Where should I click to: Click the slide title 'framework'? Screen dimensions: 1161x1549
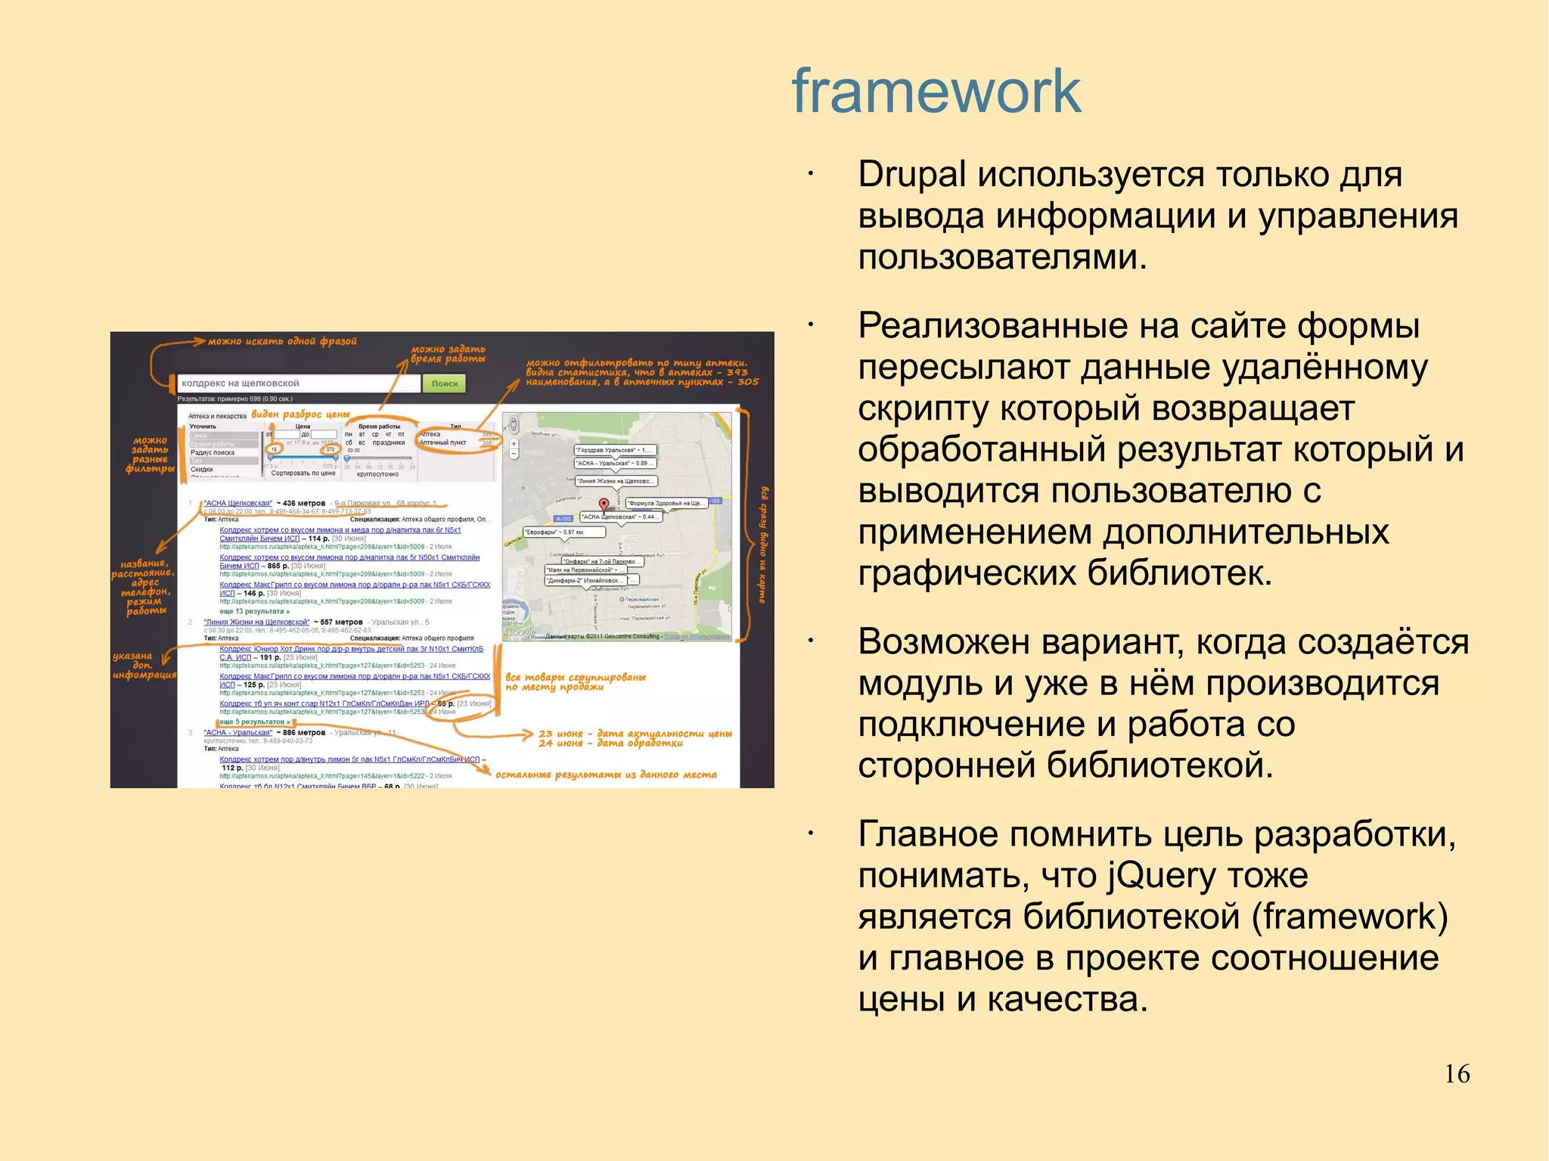[936, 92]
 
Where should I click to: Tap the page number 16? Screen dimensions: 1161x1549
[1457, 1074]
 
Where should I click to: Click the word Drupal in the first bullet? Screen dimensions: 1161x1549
[911, 175]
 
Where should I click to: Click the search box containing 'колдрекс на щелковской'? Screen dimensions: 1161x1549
[298, 383]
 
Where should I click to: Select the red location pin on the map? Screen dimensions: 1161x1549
[604, 504]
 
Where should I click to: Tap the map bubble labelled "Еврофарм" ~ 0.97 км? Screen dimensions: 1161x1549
[564, 532]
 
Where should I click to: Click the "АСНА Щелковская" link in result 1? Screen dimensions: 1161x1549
[237, 503]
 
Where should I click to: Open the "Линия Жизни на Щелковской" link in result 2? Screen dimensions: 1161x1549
[256, 622]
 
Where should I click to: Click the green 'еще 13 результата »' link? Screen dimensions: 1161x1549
[254, 611]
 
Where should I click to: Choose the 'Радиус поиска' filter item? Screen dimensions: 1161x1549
[213, 452]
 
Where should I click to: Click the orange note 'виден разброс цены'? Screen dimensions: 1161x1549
[300, 414]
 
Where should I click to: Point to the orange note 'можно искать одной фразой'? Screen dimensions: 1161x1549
[282, 341]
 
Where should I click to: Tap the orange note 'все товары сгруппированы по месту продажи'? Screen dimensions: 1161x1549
[575, 681]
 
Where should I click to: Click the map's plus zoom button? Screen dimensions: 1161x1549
[514, 444]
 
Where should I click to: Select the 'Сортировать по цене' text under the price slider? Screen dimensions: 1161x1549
[303, 473]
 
